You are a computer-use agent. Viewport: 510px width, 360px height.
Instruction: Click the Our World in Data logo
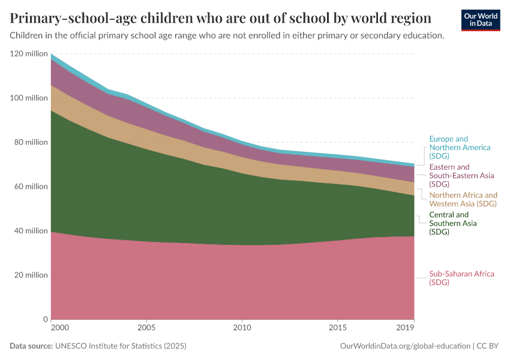[481, 20]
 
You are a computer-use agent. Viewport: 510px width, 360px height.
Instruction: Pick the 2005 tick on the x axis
[146, 328]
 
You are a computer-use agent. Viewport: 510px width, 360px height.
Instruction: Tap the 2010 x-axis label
[242, 328]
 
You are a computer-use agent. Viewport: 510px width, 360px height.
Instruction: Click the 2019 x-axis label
[405, 328]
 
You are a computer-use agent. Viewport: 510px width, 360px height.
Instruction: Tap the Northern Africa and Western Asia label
[463, 199]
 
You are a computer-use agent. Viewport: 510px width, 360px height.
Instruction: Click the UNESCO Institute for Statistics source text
[121, 346]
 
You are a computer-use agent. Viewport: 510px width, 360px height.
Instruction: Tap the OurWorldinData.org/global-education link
[405, 346]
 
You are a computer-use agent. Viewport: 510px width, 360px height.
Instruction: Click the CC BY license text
[488, 346]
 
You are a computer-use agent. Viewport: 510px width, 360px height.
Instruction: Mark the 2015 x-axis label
[338, 328]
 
